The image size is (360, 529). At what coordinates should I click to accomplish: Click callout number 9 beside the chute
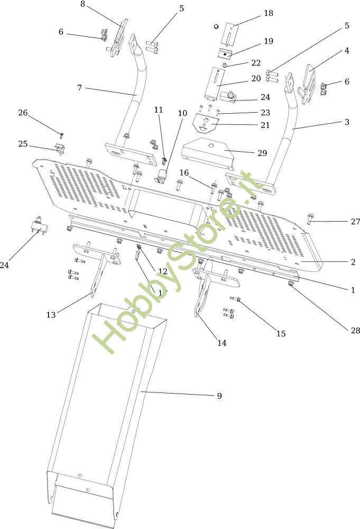click(219, 396)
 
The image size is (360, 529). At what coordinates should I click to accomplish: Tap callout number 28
click(355, 331)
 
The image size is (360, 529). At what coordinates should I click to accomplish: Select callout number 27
click(355, 222)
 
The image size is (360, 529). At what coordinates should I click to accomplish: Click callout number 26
click(23, 113)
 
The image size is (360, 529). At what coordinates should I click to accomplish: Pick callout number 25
click(23, 144)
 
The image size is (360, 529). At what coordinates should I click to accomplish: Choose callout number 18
click(269, 13)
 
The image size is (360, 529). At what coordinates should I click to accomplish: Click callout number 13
click(51, 315)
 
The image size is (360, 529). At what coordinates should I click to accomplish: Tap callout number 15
click(281, 333)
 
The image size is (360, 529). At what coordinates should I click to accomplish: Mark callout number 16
click(184, 172)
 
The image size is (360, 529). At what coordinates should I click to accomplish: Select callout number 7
click(79, 87)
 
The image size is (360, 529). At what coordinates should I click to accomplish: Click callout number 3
click(347, 122)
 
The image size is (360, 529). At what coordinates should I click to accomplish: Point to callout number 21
click(265, 125)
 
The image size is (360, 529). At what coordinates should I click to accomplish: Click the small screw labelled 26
click(61, 135)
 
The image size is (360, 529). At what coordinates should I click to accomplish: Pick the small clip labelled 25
click(60, 149)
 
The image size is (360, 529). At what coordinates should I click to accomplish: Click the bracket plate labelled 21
click(207, 124)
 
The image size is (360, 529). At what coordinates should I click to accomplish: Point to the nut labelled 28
click(290, 285)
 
